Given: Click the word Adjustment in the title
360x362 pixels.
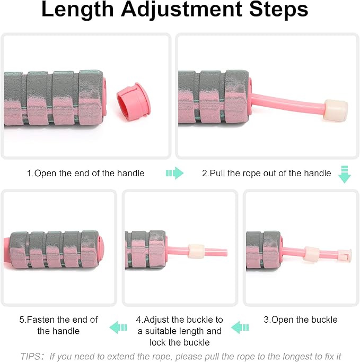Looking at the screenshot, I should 177,11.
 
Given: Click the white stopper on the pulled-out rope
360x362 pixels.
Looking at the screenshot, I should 336,110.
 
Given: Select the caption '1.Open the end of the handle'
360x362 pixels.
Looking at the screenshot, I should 86,173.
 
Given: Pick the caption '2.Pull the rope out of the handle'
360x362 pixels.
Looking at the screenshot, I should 267,173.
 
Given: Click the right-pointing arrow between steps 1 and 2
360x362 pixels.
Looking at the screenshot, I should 174,173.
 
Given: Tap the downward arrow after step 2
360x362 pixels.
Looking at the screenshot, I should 345,175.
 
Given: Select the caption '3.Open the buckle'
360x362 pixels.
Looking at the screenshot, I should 301,320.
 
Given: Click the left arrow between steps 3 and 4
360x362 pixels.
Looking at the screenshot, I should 240,326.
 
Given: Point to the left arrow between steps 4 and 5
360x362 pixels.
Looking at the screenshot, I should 118,326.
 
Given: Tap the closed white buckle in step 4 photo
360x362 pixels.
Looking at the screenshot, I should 196,251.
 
